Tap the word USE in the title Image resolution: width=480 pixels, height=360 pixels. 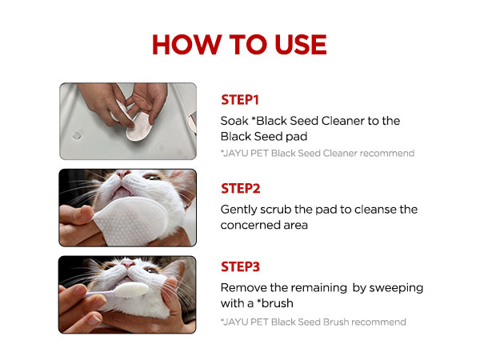coord(301,44)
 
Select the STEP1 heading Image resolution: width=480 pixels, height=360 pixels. coord(240,100)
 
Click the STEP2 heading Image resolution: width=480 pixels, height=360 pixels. coord(241,189)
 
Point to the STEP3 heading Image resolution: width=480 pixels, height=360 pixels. coord(240,267)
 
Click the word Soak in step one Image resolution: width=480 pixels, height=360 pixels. coord(234,121)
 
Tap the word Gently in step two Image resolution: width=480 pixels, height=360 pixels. coord(238,210)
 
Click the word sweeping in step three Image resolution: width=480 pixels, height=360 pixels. coord(396,289)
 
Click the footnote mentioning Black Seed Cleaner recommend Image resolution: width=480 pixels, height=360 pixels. coord(318,154)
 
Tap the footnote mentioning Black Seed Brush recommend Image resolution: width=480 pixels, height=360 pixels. coord(313,322)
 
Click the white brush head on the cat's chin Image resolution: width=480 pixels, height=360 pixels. coord(131,290)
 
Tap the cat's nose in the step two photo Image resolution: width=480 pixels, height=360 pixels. coord(123,174)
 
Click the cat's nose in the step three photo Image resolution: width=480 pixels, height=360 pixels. coord(128,263)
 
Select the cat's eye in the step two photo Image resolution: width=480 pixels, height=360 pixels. coord(152,177)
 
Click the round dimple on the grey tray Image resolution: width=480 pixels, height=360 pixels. coord(77,135)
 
